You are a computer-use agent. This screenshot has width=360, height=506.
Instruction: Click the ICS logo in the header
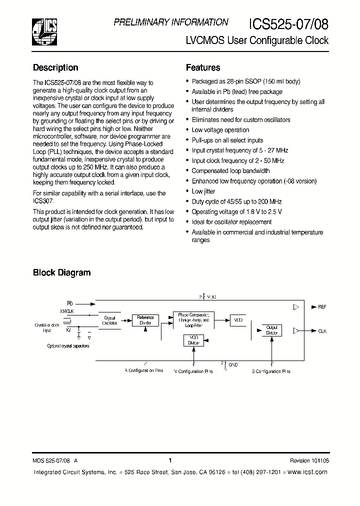coord(44,30)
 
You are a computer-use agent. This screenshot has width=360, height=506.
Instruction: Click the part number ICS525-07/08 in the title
coord(288,24)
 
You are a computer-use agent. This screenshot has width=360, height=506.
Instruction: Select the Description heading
coord(55,67)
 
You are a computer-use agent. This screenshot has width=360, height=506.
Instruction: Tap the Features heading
coord(203,67)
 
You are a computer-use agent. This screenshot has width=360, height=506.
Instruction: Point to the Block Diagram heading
coord(61,272)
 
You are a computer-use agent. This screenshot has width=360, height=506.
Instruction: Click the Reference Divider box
coord(145,320)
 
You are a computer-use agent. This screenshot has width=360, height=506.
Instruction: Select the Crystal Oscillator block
coord(109,320)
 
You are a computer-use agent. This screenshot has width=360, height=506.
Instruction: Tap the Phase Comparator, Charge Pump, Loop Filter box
coord(193,319)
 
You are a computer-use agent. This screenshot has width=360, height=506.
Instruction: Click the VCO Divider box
coord(193,340)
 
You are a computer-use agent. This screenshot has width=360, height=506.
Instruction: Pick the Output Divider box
coord(271,330)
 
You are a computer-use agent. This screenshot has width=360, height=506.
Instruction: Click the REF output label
coord(322,306)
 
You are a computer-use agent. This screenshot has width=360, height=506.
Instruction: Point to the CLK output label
coord(322,331)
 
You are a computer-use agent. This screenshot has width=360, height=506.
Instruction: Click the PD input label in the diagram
coord(69,303)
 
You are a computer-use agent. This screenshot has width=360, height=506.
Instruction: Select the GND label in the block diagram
coord(233,365)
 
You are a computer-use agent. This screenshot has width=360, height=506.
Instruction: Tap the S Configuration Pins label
coord(271,371)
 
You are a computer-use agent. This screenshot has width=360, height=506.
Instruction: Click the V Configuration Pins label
coord(193,371)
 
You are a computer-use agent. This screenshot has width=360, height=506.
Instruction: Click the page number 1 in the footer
coord(170,460)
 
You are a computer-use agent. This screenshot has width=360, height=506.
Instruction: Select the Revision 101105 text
coord(309,461)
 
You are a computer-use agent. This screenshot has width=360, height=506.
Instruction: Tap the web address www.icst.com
coord(307,472)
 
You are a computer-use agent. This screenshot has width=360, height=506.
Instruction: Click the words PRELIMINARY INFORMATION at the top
coord(171,22)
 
